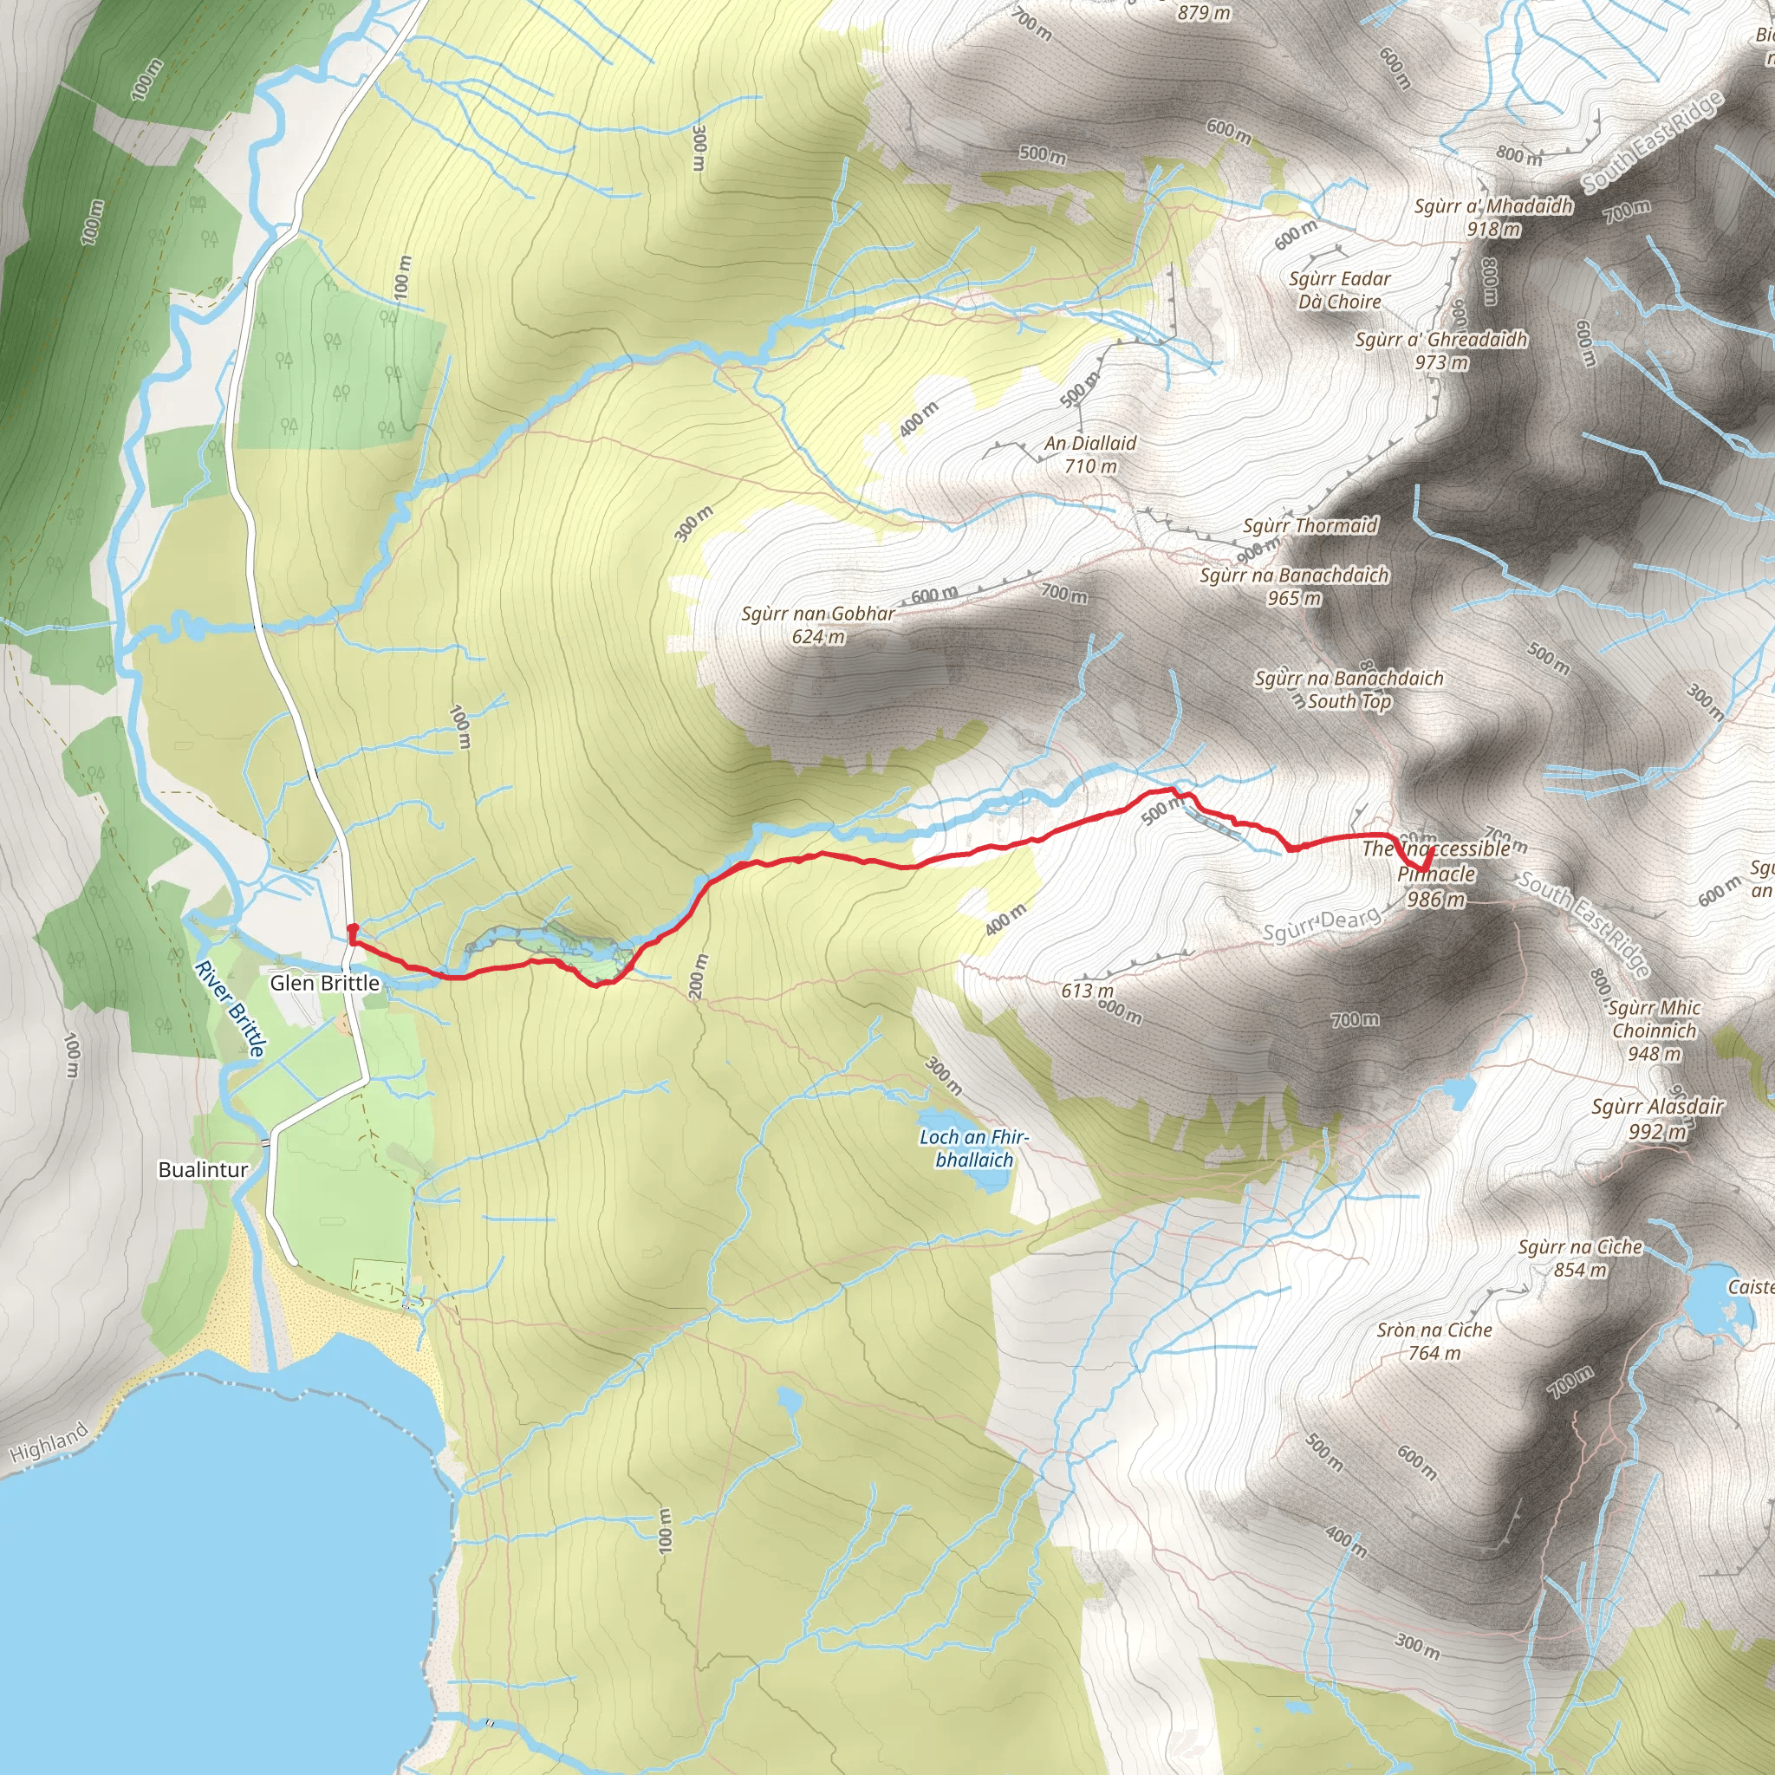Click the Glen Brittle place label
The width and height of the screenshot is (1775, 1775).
(324, 983)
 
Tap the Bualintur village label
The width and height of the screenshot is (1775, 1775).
(203, 1169)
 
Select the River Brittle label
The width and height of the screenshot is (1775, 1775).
(231, 1008)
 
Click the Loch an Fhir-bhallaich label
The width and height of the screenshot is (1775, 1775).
(974, 1148)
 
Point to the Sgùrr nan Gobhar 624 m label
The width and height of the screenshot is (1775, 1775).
(817, 625)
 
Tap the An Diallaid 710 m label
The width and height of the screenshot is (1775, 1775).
(1090, 454)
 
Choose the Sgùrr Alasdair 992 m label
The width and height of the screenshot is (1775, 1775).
(1657, 1118)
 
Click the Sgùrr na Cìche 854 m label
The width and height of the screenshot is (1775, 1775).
(1580, 1258)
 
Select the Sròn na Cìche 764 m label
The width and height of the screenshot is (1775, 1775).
(1434, 1341)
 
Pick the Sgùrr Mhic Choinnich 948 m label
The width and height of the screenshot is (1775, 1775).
(1654, 1030)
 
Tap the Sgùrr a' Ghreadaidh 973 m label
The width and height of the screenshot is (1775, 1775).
(1441, 350)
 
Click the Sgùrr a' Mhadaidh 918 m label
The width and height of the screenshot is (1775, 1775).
(1493, 217)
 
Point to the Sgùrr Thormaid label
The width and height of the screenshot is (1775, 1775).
(1310, 525)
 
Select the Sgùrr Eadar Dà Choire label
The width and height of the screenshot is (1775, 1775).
(1340, 289)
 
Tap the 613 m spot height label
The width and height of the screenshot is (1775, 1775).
(1087, 991)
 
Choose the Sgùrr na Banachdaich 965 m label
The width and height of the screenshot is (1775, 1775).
(1295, 586)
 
